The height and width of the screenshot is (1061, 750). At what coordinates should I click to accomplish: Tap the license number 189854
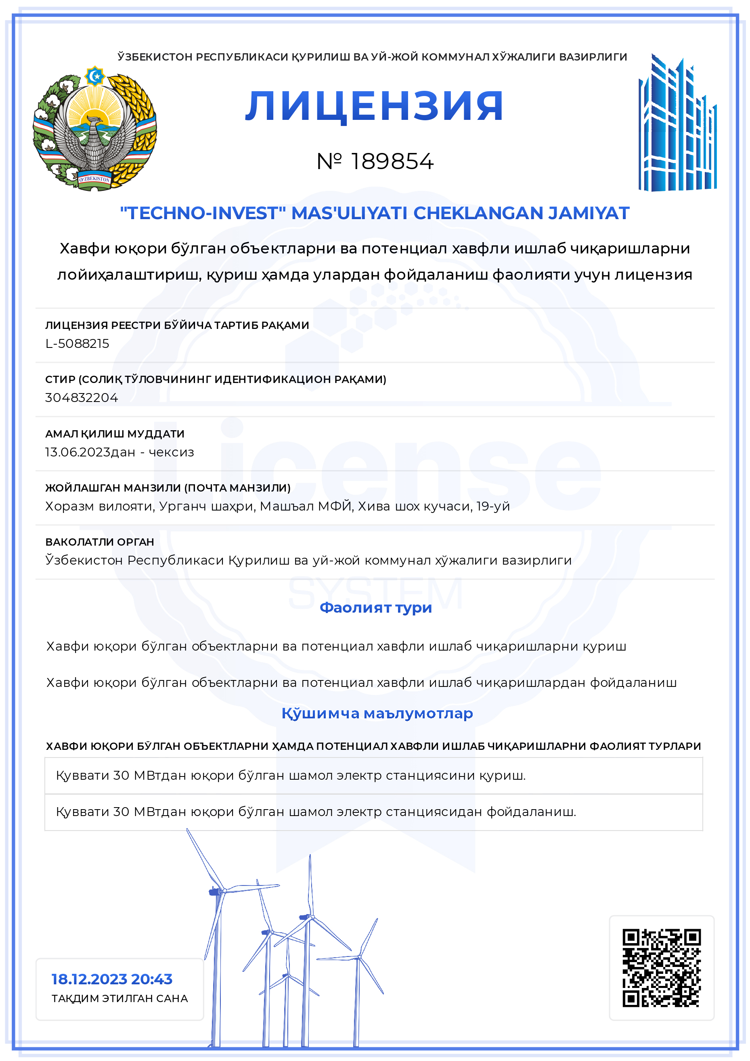[392, 161]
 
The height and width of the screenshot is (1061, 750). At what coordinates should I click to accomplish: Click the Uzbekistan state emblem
[95, 128]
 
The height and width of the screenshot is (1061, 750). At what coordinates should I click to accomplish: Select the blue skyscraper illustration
[677, 124]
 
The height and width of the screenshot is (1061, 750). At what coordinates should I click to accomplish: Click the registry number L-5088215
[77, 343]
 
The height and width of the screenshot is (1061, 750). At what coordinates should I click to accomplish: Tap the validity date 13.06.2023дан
[90, 452]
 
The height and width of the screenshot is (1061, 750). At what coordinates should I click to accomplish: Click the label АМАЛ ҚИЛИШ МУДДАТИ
[115, 433]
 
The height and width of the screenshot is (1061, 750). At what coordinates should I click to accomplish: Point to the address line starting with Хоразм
[277, 506]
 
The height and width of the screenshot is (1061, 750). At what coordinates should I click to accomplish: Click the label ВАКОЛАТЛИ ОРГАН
[99, 542]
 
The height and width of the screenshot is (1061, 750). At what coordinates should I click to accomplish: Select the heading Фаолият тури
[376, 607]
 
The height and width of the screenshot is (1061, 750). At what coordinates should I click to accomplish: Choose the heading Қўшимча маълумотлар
[377, 713]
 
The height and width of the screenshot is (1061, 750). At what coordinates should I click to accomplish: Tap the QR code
[661, 967]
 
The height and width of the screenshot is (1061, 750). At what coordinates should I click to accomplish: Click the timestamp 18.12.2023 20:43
[112, 979]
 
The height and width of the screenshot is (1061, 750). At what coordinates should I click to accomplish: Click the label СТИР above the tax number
[60, 379]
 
